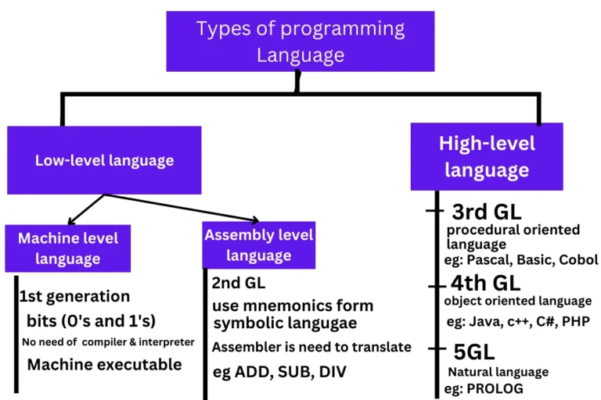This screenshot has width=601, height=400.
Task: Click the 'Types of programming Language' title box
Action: (x=300, y=41)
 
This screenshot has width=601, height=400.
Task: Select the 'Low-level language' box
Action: (x=104, y=160)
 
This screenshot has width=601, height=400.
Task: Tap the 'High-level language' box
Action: (x=487, y=156)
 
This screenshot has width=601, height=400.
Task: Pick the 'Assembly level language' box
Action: (x=258, y=245)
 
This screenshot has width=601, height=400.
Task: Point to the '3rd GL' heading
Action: (x=487, y=212)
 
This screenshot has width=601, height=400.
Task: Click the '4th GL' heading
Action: (x=485, y=284)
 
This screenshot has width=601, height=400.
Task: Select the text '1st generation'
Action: (x=74, y=296)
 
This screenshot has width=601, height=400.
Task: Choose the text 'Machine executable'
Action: (x=104, y=364)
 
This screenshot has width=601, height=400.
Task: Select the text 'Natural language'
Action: (x=498, y=372)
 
